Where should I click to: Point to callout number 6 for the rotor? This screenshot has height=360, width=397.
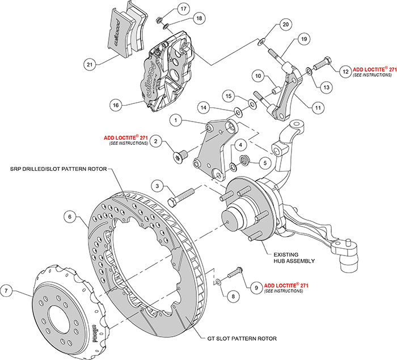[69, 216]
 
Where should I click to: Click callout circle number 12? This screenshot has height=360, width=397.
[344, 72]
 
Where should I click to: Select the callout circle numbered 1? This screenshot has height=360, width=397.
[177, 120]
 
